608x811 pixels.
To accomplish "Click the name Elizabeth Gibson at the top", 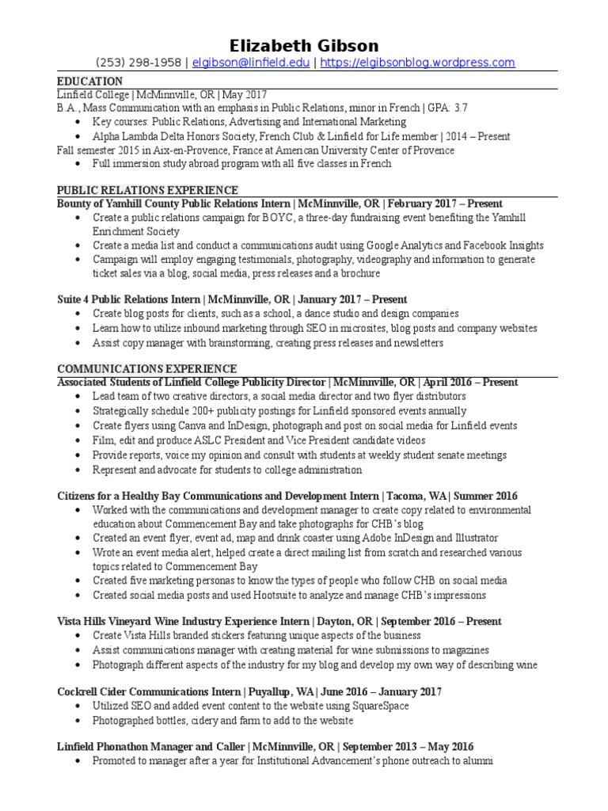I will click(x=304, y=45).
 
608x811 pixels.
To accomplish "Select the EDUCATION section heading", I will click(x=90, y=82).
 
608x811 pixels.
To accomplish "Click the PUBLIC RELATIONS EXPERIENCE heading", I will click(x=148, y=191).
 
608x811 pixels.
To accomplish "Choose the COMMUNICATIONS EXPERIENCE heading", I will click(x=147, y=368).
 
